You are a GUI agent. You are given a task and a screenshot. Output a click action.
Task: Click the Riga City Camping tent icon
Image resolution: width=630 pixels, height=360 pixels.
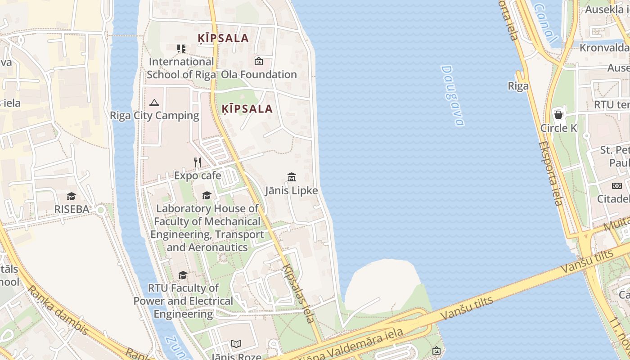coord(154,103)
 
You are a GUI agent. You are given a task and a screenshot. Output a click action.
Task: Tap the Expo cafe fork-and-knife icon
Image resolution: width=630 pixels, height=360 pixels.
coord(198,162)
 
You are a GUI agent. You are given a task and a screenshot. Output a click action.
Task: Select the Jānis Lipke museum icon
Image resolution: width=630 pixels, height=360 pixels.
coord(291,177)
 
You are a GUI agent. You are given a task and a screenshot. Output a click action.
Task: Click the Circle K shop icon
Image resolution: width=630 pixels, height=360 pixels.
coord(558,115)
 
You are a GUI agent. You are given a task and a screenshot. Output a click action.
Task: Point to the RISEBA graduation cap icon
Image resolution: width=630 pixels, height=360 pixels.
coord(71,196)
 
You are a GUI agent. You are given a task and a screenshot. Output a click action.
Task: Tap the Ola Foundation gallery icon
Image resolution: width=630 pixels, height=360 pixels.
coord(259,61)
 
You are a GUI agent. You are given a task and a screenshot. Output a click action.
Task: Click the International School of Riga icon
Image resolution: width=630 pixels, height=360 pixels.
coord(181,49)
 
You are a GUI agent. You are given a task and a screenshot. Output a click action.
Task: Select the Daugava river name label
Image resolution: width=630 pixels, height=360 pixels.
coord(452,95)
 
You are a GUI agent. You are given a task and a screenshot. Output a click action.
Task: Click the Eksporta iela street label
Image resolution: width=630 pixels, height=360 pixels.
coord(551,174)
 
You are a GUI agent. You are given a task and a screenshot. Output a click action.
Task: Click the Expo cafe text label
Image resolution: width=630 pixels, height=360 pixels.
coord(198,175)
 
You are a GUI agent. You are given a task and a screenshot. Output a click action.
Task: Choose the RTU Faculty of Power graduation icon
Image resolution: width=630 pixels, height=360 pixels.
coord(183,275)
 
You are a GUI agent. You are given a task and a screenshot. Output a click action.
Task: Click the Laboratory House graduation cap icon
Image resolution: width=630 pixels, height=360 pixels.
coord(207,195)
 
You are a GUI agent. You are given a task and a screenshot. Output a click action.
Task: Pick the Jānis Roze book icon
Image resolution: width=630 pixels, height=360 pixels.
coord(236,344)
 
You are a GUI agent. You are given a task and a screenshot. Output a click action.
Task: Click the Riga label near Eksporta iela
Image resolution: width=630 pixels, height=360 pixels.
coord(518,86)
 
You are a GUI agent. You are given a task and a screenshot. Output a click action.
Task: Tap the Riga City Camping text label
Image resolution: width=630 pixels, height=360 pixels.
coord(154,116)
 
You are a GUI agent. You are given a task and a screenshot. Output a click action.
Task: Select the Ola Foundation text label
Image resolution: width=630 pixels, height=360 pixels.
coord(259,74)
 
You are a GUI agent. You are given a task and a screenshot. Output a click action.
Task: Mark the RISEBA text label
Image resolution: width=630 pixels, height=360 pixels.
coord(72,209)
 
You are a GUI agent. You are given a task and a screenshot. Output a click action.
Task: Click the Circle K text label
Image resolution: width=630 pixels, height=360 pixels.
coord(558,128)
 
